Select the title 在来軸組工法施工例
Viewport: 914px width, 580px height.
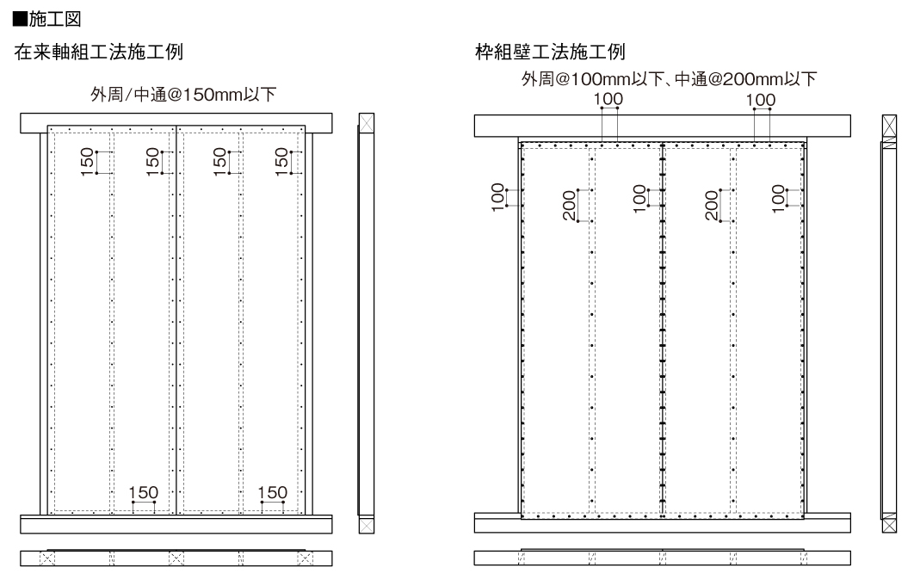coord(98,52)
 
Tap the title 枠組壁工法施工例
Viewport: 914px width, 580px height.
coord(550,52)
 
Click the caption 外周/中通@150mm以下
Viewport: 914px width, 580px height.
coord(183,95)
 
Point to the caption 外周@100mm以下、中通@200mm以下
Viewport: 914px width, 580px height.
coord(670,78)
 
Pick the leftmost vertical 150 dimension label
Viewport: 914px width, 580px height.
coord(87,162)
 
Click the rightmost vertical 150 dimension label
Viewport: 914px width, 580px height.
coord(281,162)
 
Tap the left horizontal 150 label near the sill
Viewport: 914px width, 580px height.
coord(144,492)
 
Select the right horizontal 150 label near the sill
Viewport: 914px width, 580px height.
coord(273,492)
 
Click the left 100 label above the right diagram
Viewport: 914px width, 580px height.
coord(608,100)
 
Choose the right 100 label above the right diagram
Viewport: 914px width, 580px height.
coord(761,100)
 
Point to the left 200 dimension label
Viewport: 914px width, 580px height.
coord(570,206)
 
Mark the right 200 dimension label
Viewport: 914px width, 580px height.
coord(712,206)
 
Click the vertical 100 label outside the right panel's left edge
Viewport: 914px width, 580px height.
coord(497,197)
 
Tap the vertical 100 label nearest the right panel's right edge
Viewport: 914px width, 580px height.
coord(778,198)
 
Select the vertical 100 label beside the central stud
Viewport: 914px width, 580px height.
coord(639,198)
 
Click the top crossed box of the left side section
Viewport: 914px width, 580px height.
coord(366,123)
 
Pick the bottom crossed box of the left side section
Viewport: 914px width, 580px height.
coord(366,525)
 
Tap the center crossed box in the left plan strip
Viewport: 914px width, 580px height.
coord(176,558)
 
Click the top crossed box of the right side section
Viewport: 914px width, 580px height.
coord(890,126)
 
